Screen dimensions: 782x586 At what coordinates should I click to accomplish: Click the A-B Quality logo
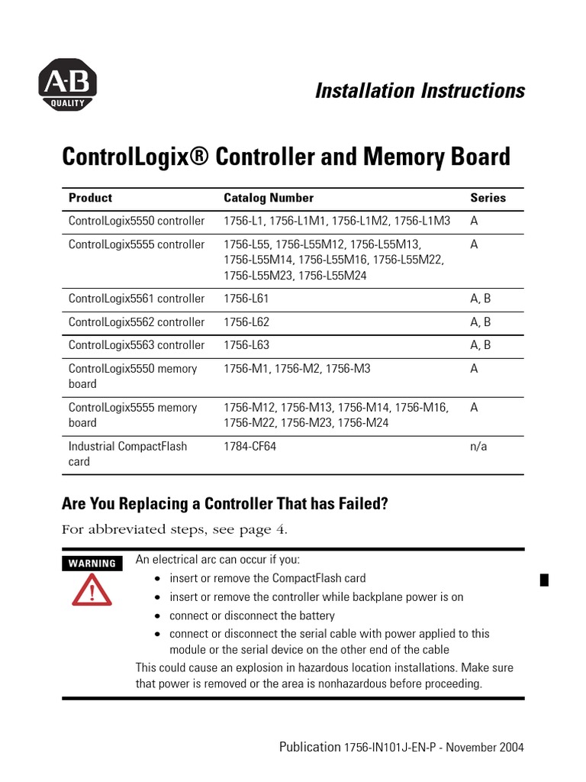click(68, 85)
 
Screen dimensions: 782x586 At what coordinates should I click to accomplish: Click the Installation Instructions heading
click(420, 91)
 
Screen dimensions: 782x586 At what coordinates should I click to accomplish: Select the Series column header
click(488, 198)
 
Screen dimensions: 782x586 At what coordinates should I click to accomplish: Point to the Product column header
click(90, 198)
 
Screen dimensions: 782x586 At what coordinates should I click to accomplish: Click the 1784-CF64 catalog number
click(250, 446)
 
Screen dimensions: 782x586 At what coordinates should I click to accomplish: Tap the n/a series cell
click(478, 446)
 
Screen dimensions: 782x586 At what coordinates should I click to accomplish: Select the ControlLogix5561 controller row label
click(137, 299)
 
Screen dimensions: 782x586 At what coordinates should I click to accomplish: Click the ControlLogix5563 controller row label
click(137, 345)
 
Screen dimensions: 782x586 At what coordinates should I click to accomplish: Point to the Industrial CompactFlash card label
click(127, 454)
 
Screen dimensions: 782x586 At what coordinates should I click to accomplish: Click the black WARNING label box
click(92, 564)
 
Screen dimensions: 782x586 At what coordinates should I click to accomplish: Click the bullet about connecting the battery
click(252, 616)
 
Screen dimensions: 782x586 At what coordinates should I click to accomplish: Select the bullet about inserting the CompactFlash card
click(267, 578)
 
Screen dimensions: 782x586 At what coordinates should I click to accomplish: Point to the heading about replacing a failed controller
click(225, 504)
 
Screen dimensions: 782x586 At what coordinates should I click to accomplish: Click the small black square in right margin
click(544, 580)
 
